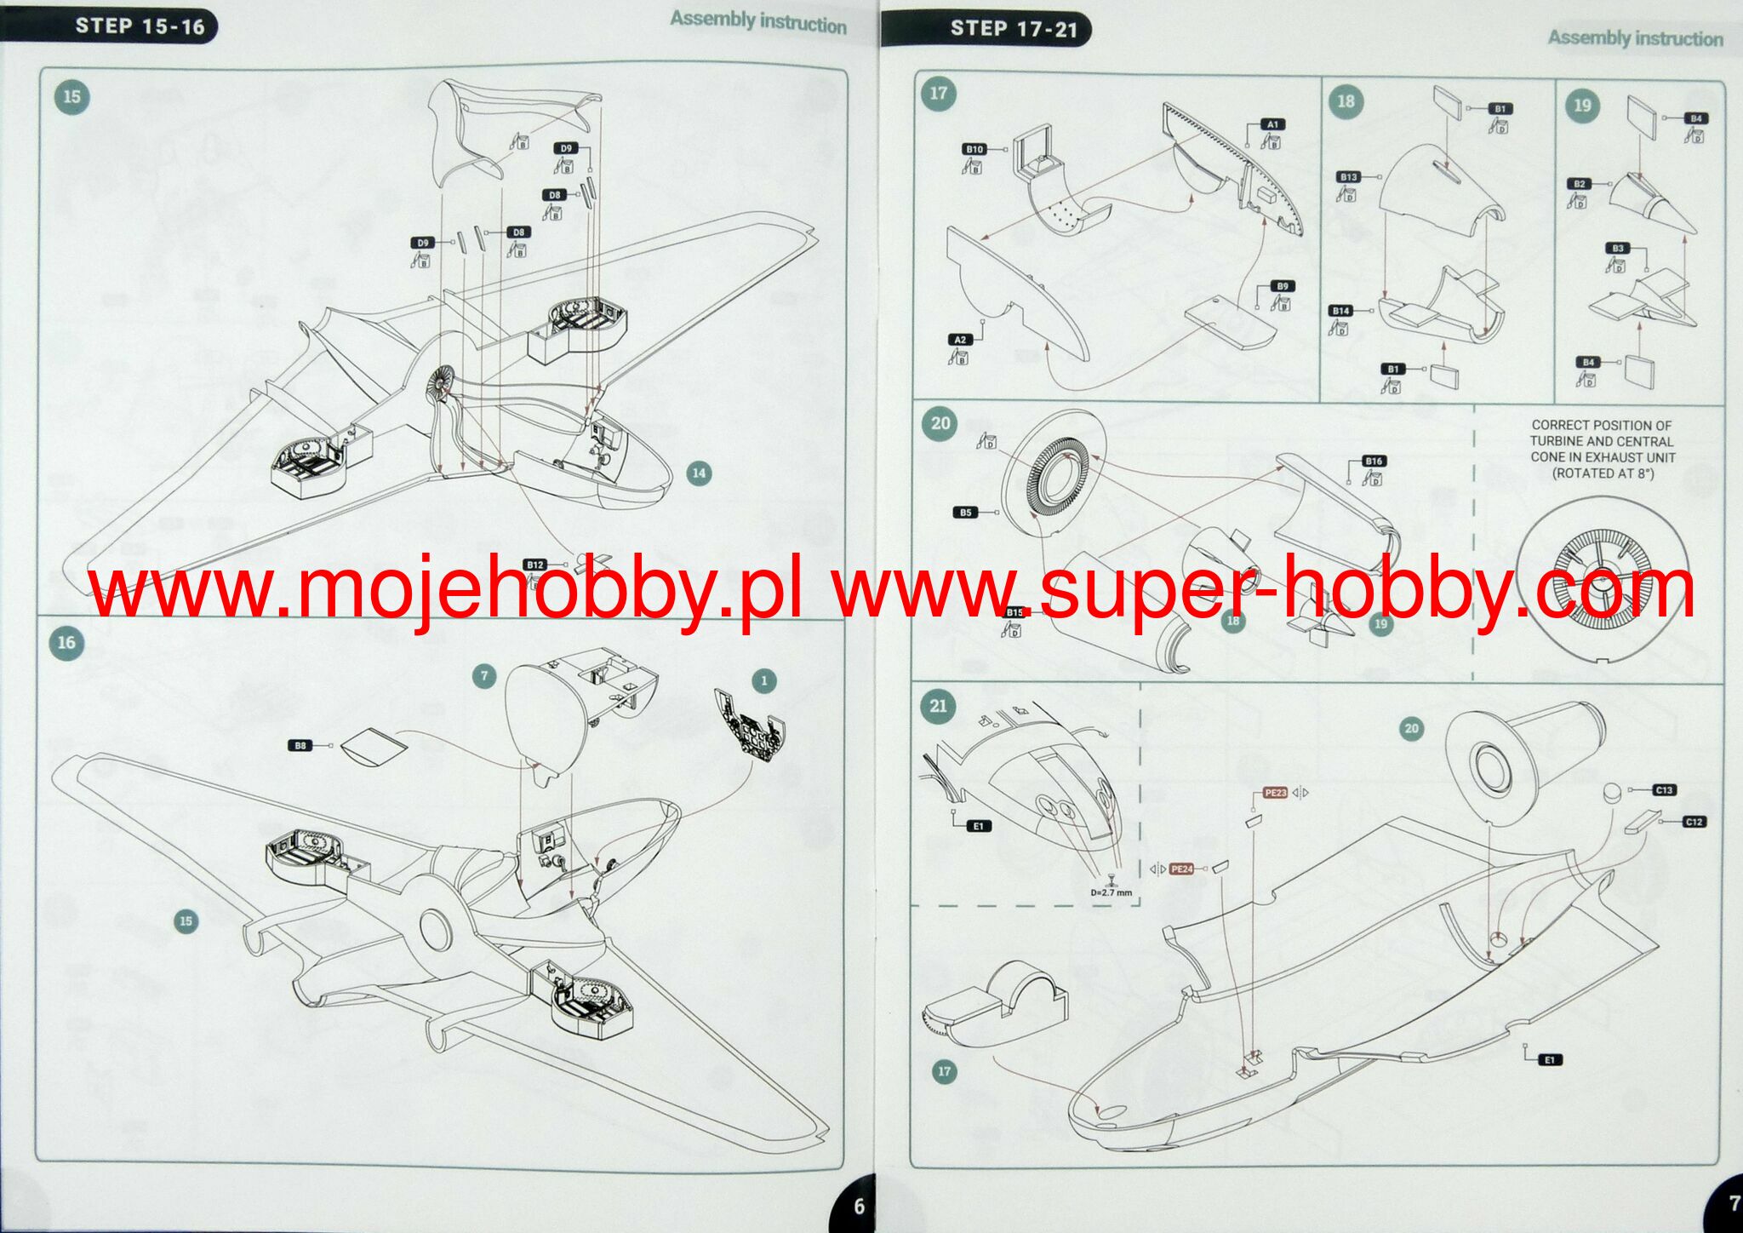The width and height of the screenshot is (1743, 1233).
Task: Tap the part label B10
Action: pos(974,150)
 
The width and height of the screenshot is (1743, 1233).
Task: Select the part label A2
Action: pos(960,340)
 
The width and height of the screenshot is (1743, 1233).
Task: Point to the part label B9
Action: pos(1283,287)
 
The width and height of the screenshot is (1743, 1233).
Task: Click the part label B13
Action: pos(1348,177)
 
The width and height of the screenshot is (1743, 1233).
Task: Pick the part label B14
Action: pos(1340,311)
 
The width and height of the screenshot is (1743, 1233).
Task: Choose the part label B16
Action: pos(1374,462)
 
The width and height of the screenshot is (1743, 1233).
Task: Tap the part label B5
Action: pos(965,513)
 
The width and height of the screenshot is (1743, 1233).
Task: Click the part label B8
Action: pos(300,746)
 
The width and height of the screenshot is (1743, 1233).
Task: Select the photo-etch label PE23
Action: pos(1275,793)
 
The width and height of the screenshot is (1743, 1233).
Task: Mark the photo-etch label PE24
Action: pos(1181,869)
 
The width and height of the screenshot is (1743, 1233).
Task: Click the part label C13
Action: pos(1664,790)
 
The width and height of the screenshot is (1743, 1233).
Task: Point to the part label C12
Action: pos(1694,822)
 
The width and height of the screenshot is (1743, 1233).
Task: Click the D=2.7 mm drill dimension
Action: pos(1112,893)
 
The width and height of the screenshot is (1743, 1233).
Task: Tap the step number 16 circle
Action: pos(66,643)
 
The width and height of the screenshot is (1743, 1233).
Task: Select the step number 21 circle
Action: pos(938,706)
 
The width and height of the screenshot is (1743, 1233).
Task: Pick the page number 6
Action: pos(859,1206)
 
